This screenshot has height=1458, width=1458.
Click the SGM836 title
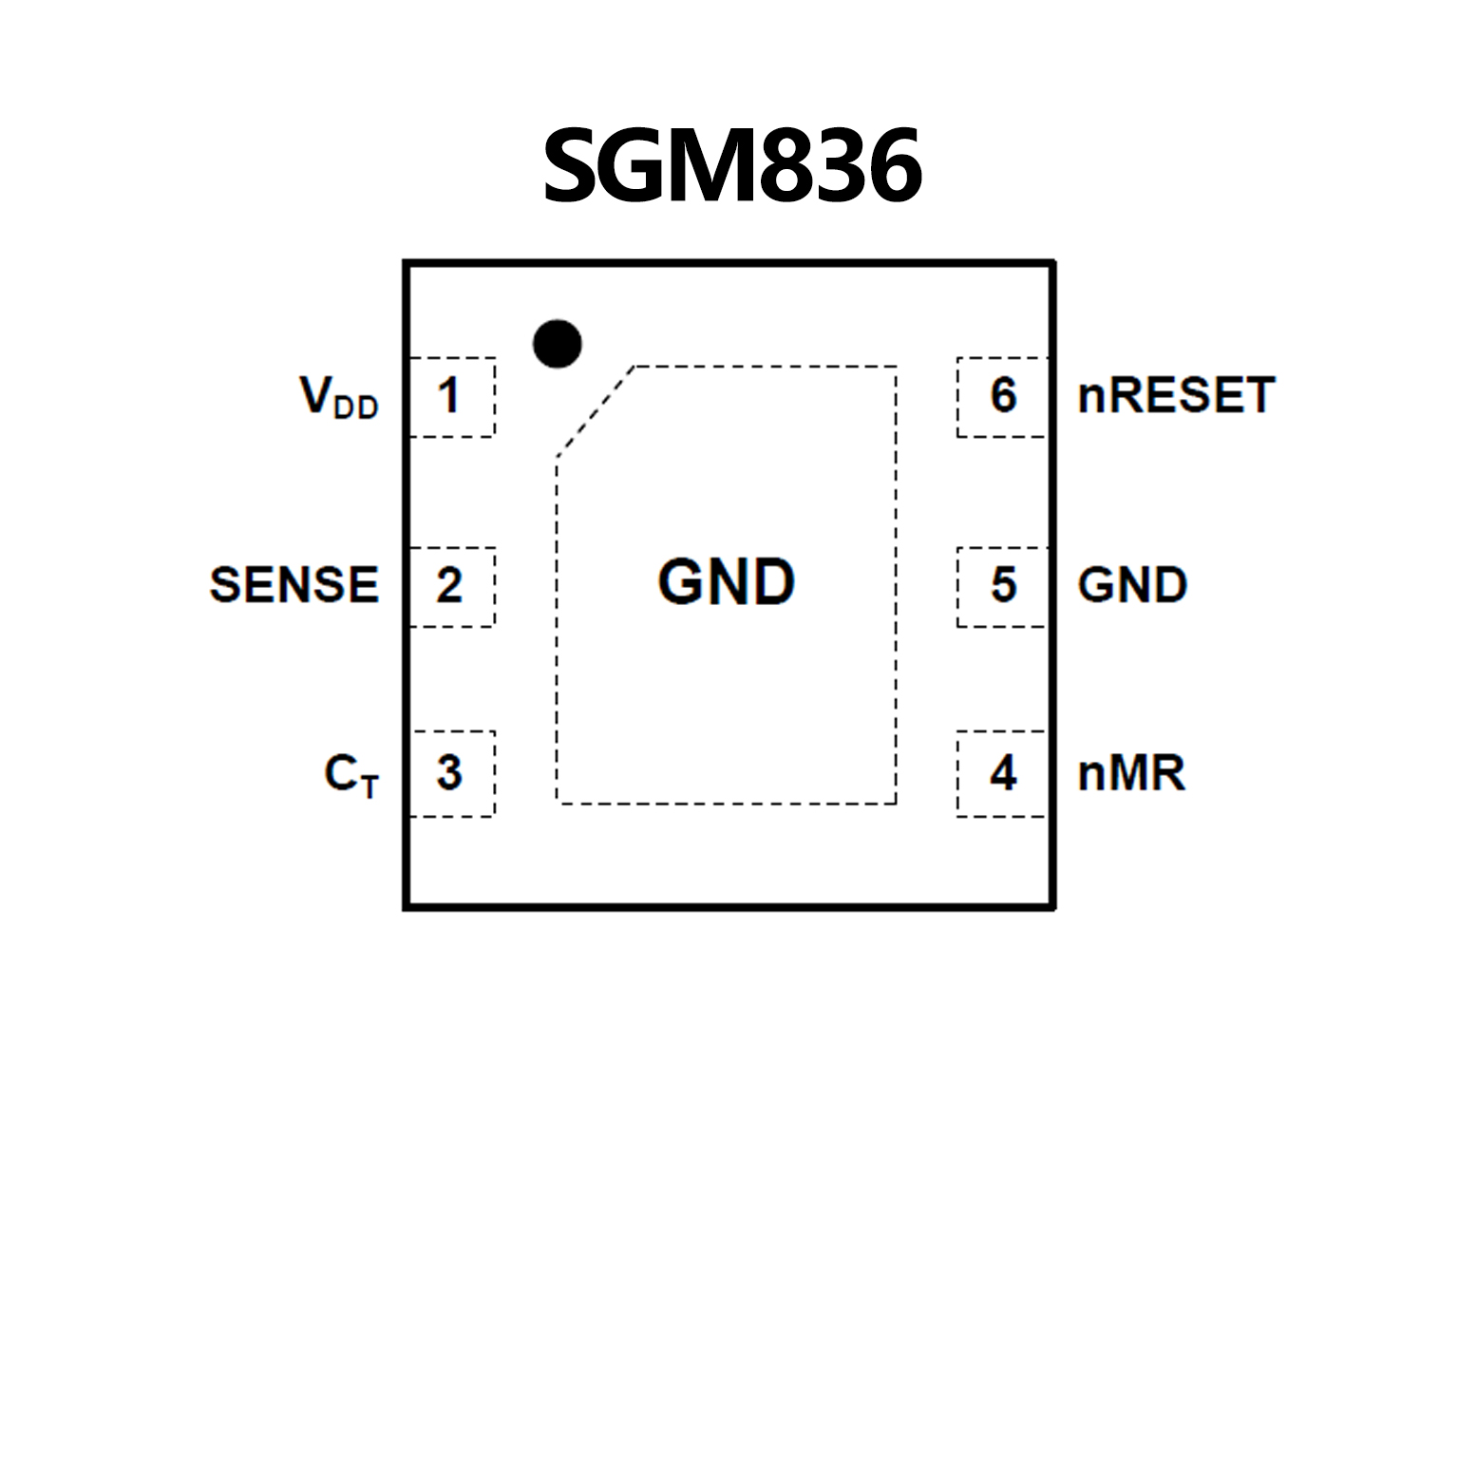point(731,166)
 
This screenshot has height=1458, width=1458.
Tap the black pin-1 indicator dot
point(558,343)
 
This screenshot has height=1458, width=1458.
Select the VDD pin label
point(339,396)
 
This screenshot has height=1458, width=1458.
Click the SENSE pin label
point(294,584)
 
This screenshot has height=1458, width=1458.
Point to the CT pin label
point(350,774)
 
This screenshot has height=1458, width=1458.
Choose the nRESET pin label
point(1176,395)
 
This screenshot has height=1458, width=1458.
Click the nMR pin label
point(1131,773)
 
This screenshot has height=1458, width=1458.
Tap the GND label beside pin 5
point(1132,584)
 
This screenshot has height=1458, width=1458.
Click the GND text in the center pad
point(727,581)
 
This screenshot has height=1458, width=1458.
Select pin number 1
point(449,395)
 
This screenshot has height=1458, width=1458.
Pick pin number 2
point(449,585)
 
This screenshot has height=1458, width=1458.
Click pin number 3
point(449,772)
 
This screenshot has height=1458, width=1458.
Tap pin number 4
point(1003,772)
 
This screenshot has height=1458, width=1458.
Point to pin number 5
point(1003,585)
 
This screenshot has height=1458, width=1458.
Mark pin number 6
point(1003,395)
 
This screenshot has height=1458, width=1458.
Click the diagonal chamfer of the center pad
point(595,411)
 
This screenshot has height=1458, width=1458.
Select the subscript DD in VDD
point(356,408)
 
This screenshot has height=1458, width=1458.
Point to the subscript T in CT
point(369,786)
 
